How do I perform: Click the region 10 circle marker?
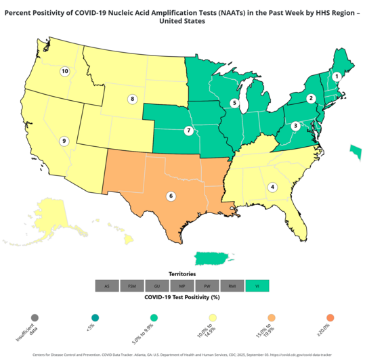click(65, 71)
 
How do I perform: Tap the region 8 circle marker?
click(133, 99)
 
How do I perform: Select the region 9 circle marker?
click(64, 141)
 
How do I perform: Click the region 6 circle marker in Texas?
click(171, 196)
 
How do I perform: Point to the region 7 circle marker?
click(189, 130)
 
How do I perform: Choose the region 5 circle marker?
click(234, 103)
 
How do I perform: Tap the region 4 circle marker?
click(273, 187)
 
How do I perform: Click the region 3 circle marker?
click(295, 126)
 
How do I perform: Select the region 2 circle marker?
click(311, 99)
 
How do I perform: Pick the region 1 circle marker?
click(336, 76)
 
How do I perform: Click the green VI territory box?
click(257, 286)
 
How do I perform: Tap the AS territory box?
click(107, 286)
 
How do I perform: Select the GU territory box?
click(157, 286)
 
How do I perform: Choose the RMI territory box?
click(232, 286)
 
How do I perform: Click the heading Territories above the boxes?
click(182, 274)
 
